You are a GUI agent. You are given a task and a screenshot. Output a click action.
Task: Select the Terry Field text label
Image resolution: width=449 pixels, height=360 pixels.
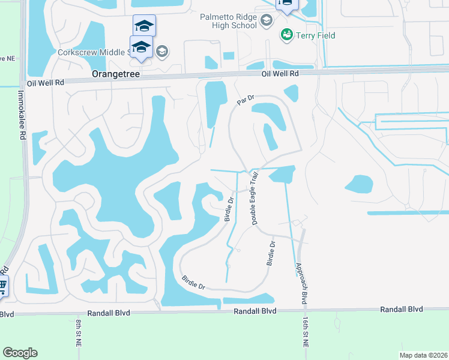coord(315,35)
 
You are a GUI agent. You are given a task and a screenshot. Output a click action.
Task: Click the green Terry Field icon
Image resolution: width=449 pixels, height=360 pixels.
coord(286,35)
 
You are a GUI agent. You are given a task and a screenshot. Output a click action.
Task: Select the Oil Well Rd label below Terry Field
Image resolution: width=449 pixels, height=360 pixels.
coord(280,73)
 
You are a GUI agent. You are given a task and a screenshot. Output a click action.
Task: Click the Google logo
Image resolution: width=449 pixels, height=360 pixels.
coord(20,353)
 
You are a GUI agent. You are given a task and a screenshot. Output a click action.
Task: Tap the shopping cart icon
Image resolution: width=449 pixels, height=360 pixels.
coord(3,285)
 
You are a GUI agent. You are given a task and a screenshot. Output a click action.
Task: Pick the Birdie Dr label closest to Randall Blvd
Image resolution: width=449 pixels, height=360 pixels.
coord(193,283)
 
